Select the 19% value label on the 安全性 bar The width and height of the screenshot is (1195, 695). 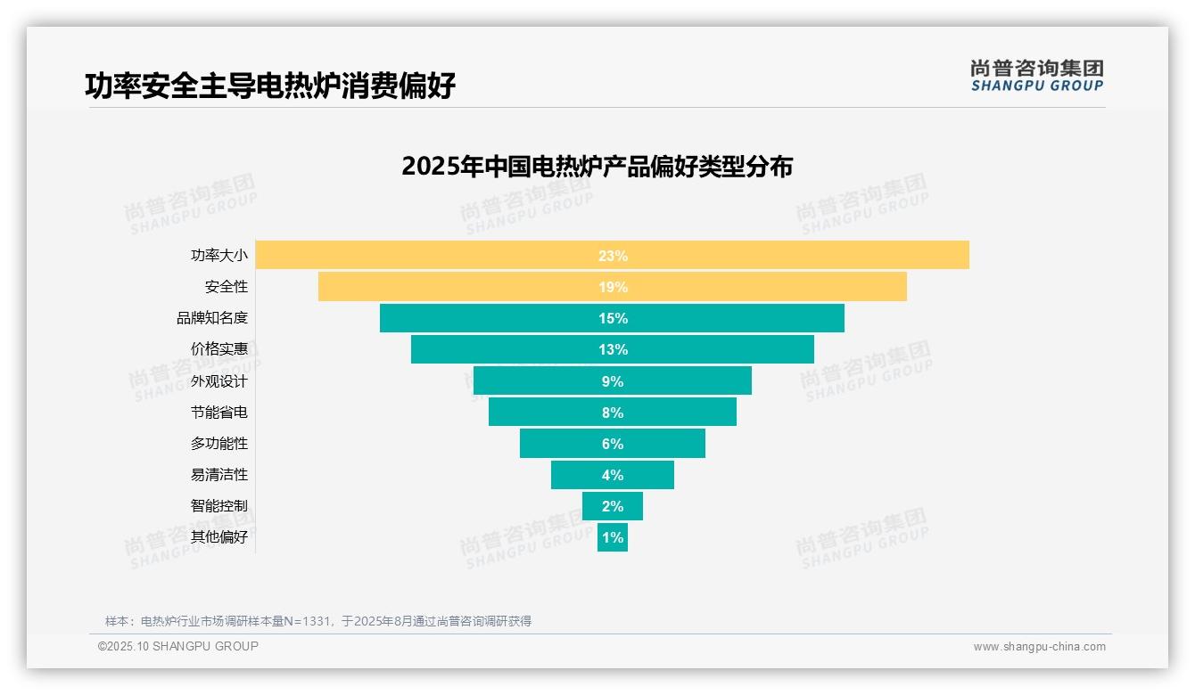(613, 287)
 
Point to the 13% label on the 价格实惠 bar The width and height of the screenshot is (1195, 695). (613, 349)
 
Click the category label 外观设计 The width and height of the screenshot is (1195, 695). (218, 381)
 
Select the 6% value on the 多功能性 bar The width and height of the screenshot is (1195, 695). (613, 444)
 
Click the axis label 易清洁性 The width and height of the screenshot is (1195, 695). (218, 475)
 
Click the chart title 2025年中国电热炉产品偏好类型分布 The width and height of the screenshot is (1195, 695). (597, 167)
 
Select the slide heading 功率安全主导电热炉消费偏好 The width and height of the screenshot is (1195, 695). (269, 86)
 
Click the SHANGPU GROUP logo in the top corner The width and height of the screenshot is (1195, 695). (1036, 76)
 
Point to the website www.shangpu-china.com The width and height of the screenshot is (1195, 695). (1039, 647)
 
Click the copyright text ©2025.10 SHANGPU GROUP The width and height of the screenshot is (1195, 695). (178, 646)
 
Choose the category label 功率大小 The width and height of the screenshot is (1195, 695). (218, 256)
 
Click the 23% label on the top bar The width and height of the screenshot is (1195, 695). (613, 256)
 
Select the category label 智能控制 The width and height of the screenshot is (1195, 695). (218, 506)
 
